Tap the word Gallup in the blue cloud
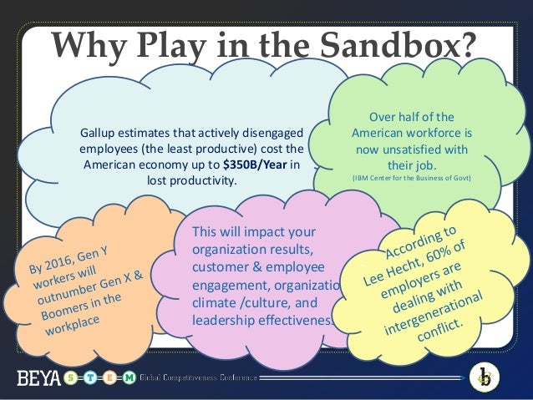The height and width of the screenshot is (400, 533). [97, 132]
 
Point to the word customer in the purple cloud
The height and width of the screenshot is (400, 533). [221, 267]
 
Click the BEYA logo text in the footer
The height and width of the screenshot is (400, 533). [38, 378]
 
